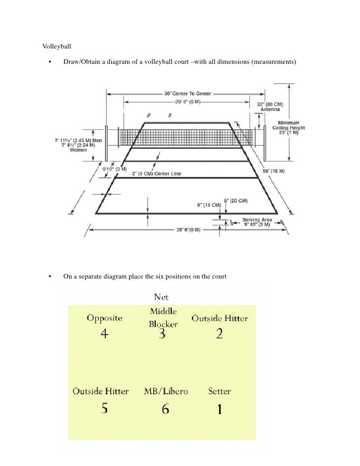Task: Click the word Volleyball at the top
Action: click(x=57, y=47)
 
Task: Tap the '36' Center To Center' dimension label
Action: click(x=187, y=93)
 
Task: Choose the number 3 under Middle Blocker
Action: click(x=162, y=334)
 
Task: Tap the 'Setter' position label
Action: click(x=219, y=391)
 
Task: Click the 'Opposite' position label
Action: click(x=105, y=318)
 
